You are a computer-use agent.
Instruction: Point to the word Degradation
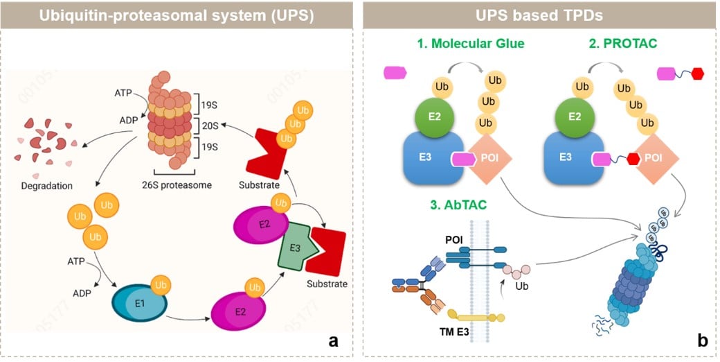(46, 185)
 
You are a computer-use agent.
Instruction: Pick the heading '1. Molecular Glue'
(470, 44)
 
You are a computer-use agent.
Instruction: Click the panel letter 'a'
(334, 340)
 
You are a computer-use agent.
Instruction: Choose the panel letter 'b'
(702, 340)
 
